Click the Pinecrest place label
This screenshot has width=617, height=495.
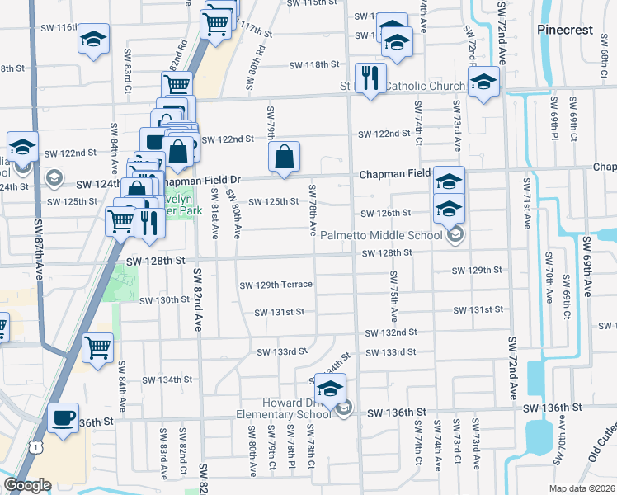tap(565, 30)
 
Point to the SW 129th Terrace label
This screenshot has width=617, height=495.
tap(276, 285)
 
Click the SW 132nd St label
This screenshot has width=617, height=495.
tap(392, 332)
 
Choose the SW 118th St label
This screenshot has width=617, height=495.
tap(314, 64)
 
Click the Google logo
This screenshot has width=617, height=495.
tap(27, 485)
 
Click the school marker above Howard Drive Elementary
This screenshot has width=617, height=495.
tap(331, 389)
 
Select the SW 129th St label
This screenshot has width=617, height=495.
tap(477, 271)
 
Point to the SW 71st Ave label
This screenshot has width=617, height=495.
tap(525, 206)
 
